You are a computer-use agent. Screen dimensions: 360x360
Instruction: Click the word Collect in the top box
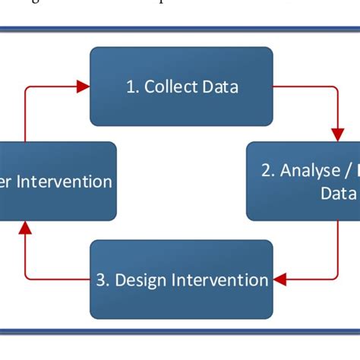tap(169, 87)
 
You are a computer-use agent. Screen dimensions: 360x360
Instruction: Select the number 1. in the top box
tap(132, 87)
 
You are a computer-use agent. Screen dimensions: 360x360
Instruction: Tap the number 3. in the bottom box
tap(103, 280)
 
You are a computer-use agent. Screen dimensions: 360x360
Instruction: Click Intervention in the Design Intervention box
tap(221, 280)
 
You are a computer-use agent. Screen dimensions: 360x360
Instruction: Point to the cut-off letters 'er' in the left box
tap(8, 182)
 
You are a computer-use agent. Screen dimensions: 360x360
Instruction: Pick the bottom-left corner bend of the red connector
tap(25, 280)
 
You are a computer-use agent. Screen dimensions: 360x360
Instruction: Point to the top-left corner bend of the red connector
tap(25, 87)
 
